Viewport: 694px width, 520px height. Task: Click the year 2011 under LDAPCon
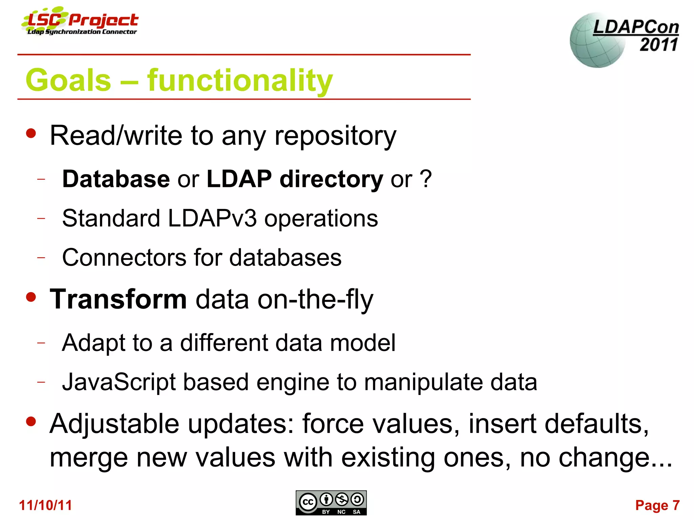[658, 45]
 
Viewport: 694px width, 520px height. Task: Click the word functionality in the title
[240, 81]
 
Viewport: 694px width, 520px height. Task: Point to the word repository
[335, 136]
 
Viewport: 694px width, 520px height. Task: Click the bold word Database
[116, 179]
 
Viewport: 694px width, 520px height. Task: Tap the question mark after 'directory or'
[426, 179]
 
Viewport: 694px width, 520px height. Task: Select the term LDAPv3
[212, 218]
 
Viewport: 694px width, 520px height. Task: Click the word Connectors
[124, 257]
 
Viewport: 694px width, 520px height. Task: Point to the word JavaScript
[119, 382]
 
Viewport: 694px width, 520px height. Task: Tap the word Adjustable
[114, 424]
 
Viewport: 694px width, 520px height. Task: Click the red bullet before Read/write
[31, 133]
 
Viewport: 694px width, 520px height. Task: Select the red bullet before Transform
[31, 297]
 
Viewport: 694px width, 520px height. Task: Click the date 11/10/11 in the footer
[45, 505]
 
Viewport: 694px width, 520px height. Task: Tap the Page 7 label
[657, 505]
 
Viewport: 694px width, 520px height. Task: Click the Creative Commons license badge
[331, 503]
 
